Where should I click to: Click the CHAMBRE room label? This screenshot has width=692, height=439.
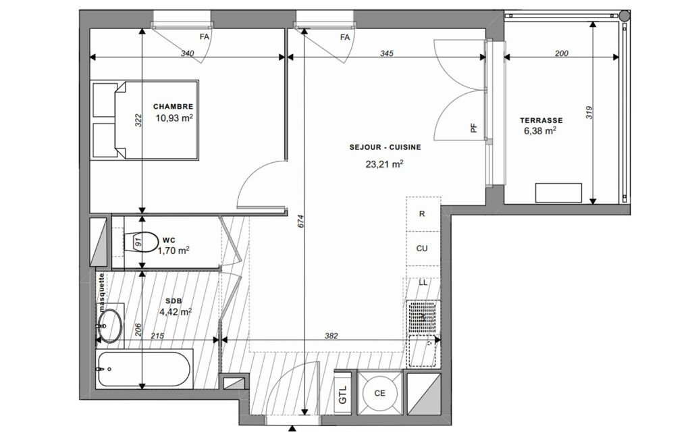173,107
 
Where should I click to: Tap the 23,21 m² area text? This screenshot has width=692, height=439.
384,164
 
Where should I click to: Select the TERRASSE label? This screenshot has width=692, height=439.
541,120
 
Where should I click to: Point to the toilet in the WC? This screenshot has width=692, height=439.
141,242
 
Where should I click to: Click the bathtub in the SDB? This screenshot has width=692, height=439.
144,369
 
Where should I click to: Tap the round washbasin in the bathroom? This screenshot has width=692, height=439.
109,326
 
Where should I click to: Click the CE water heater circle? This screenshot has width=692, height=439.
379,392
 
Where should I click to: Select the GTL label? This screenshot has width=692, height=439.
343,394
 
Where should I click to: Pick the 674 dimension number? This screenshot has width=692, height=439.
301,221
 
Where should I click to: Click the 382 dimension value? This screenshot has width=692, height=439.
331,336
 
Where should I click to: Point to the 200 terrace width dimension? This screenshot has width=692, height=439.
562,53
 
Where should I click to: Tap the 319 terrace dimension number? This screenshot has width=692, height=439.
589,112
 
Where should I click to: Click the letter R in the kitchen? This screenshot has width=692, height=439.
422,213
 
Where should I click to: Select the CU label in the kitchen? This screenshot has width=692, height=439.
422,249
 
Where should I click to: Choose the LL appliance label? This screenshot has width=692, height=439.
423,283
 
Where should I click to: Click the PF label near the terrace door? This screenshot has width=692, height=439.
474,128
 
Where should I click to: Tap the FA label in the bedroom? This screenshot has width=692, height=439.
205,36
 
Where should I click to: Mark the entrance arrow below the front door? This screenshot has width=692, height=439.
292,428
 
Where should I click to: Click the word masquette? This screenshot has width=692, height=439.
101,288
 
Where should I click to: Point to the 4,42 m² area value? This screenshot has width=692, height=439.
176,312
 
